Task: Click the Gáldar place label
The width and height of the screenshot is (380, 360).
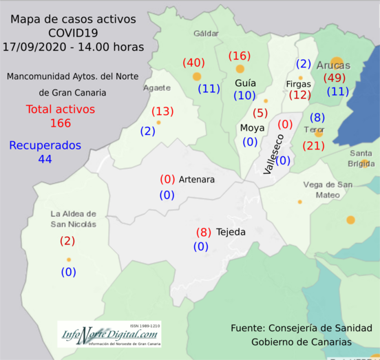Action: tap(206, 33)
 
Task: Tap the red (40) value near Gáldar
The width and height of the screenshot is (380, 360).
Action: tap(193, 63)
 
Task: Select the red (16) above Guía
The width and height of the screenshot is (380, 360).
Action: tap(240, 56)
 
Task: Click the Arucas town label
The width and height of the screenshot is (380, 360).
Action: tap(334, 65)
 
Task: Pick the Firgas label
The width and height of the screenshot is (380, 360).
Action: tap(298, 84)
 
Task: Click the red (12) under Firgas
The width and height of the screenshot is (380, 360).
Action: tap(300, 96)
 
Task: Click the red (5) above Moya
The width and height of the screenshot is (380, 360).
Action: tap(260, 113)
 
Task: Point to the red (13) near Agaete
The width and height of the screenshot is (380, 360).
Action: tap(162, 112)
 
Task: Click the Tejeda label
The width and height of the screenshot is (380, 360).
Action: tap(230, 232)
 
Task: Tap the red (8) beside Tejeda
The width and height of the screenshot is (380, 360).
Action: tap(203, 233)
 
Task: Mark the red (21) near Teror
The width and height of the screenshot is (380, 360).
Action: tap(313, 145)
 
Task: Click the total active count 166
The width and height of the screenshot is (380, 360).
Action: tap(61, 124)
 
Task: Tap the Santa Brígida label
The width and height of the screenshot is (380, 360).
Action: tap(361, 158)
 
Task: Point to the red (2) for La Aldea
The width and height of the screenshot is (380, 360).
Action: tap(67, 241)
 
